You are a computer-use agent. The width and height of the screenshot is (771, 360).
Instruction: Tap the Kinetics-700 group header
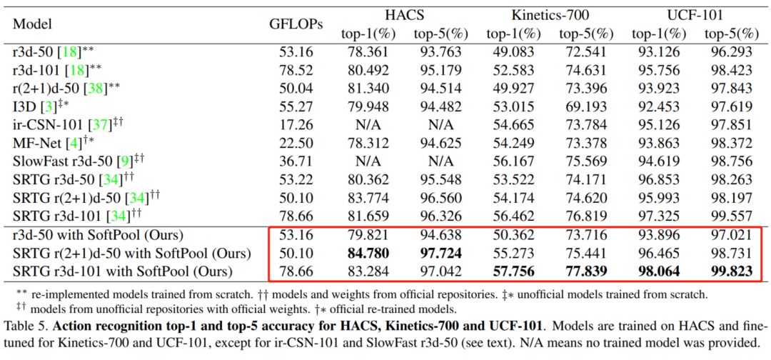tap(550, 14)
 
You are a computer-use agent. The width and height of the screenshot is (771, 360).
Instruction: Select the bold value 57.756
tap(511, 271)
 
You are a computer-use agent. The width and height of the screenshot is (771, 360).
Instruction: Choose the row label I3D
tap(24, 107)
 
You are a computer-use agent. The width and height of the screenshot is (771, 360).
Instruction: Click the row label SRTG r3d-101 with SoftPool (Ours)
tap(123, 271)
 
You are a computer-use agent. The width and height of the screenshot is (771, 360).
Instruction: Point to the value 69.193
tap(585, 107)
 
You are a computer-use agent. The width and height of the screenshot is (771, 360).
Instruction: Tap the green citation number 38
tap(92, 89)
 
